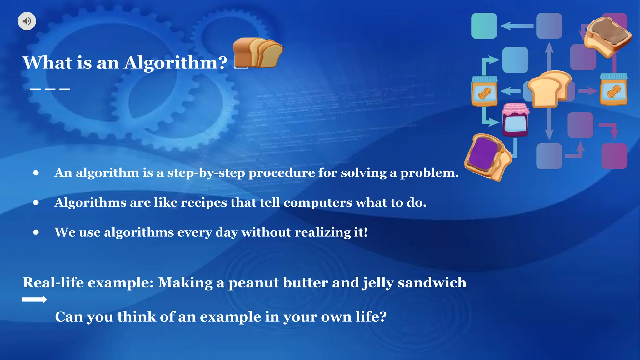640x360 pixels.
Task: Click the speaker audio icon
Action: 27,21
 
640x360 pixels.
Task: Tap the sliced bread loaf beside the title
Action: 258,52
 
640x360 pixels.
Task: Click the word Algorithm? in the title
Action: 175,63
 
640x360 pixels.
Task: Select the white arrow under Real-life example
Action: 34,300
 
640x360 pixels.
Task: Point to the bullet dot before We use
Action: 36,232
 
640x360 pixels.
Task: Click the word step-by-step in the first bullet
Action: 206,173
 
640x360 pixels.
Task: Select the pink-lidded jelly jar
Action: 515,120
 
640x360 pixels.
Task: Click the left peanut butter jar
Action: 484,91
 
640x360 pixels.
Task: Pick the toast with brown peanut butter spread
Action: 607,37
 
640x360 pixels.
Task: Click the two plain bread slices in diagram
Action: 550,89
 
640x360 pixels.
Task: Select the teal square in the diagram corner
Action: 484,26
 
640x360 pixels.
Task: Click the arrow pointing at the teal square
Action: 517,26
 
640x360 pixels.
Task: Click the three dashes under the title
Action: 50,89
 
